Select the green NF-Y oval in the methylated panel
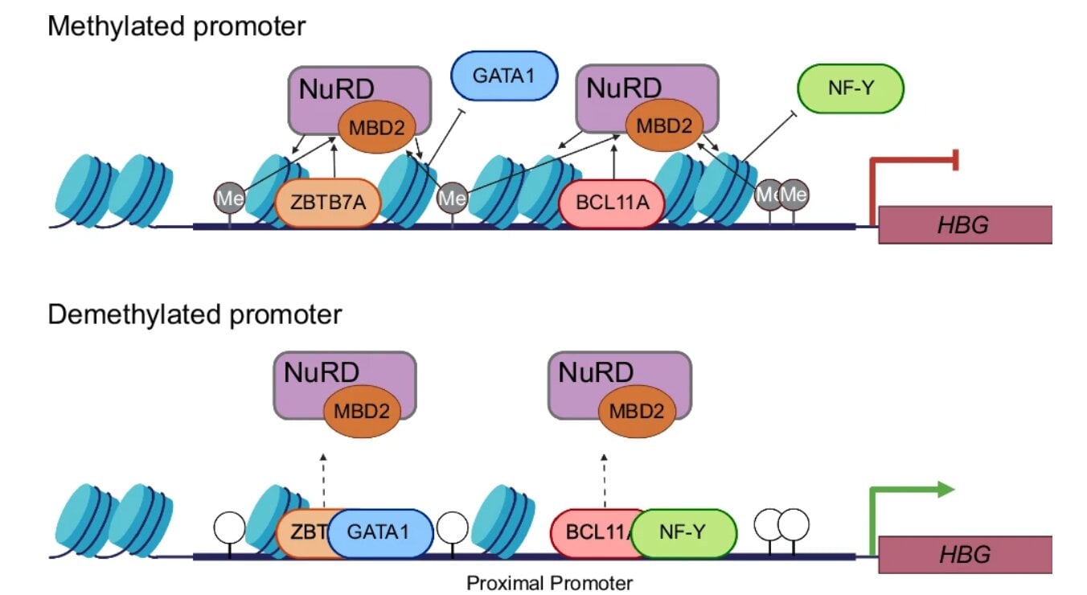(x=851, y=88)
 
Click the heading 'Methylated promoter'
(x=177, y=26)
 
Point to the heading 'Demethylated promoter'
(x=195, y=314)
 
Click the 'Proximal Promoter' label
(x=550, y=582)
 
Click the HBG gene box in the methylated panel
(x=964, y=224)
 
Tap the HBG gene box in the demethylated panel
(x=964, y=555)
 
